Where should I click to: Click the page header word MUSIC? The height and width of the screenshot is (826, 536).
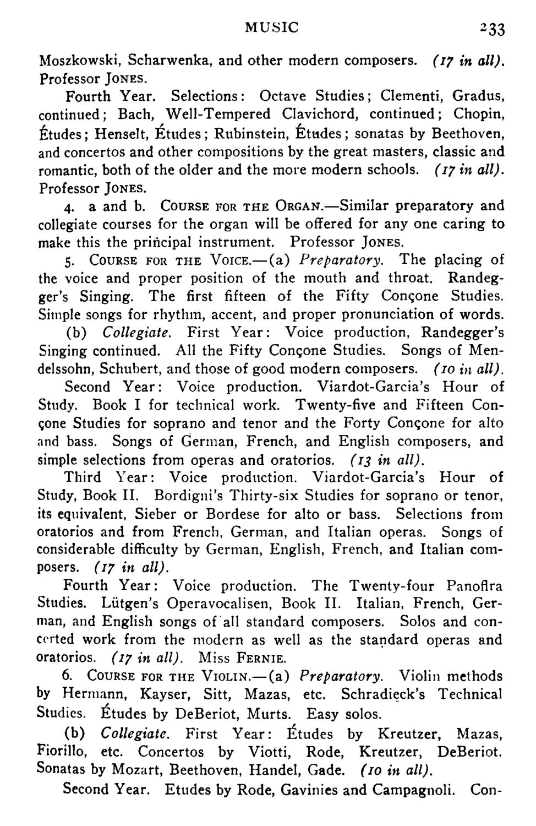[x=272, y=26]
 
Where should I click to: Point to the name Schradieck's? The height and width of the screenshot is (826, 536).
[x=382, y=694]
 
